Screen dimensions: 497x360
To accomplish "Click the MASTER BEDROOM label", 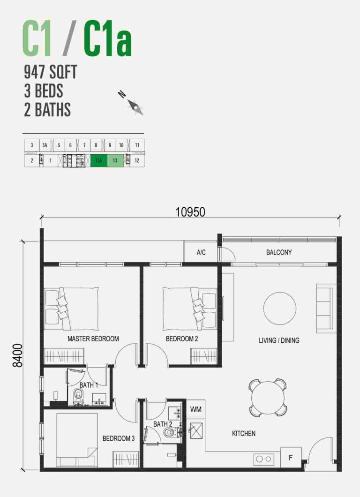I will [93, 339].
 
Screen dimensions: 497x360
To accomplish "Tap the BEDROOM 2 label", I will [181, 339].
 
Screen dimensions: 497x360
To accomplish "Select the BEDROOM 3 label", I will [119, 438].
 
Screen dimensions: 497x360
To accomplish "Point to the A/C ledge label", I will [201, 253].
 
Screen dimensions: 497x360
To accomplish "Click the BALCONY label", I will [279, 252].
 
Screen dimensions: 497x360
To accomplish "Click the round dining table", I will [268, 398].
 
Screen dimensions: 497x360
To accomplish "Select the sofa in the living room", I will [326, 308].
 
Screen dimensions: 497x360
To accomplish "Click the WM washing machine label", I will [196, 409].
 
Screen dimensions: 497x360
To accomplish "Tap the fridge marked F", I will [291, 458].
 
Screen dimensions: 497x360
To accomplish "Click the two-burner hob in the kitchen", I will [264, 459].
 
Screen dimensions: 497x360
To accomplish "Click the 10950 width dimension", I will [190, 212].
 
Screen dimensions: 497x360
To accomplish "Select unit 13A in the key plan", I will [98, 160].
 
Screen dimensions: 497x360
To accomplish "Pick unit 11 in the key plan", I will [137, 145].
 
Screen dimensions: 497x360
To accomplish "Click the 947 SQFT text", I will [50, 73].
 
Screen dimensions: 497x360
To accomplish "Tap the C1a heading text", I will [107, 41].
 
